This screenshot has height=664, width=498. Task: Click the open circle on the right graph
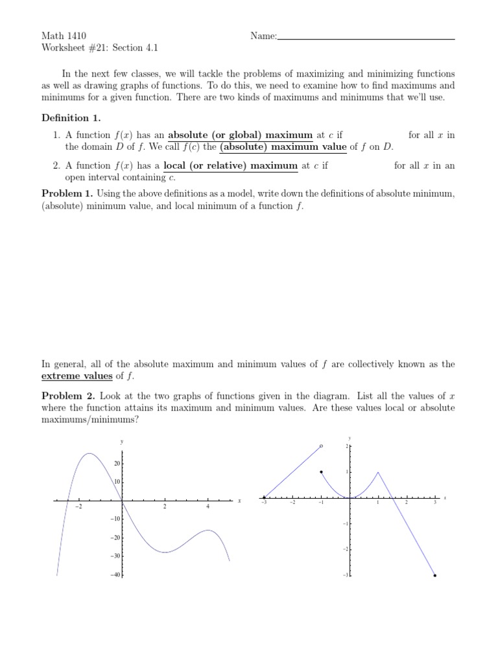tap(321, 446)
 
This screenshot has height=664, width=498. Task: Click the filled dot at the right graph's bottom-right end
tap(434, 575)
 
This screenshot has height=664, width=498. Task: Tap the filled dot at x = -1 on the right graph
tap(321, 472)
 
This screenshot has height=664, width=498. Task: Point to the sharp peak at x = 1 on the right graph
tap(378, 472)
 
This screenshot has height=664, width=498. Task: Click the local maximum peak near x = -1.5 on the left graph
tap(89, 454)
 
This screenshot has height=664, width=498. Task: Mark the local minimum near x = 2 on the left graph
tap(165, 552)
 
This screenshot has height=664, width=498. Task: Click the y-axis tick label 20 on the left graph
tap(117, 464)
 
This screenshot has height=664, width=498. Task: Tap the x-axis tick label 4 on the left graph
tap(207, 506)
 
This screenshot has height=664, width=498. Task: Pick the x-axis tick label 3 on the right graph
tap(435, 503)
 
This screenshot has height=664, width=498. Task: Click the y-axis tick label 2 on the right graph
tap(346, 447)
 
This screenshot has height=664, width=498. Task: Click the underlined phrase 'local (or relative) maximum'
tap(230, 165)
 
